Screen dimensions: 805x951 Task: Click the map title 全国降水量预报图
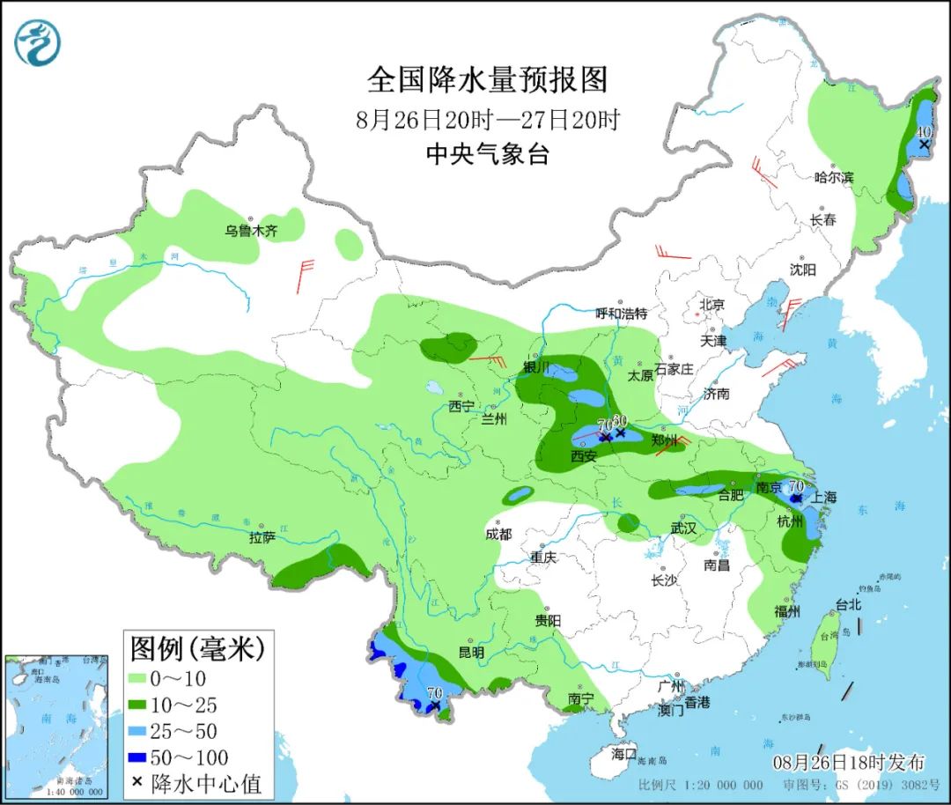tap(487, 80)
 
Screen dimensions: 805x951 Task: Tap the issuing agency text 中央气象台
tap(487, 155)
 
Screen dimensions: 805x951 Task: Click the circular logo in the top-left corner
tap(38, 42)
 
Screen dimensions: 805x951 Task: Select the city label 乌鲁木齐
tap(250, 231)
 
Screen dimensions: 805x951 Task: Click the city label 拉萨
tap(262, 537)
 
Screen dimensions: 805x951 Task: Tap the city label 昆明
tap(471, 653)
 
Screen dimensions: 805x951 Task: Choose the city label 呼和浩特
tap(621, 314)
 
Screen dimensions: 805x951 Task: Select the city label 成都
tap(498, 534)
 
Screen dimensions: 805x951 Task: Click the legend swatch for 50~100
tap(147, 757)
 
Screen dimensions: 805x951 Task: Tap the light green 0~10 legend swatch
tap(147, 679)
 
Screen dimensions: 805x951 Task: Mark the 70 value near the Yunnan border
tap(433, 693)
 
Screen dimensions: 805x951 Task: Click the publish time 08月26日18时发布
tap(849, 761)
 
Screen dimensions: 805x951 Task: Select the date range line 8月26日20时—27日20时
tap(487, 119)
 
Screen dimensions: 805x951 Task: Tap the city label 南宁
tap(580, 698)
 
